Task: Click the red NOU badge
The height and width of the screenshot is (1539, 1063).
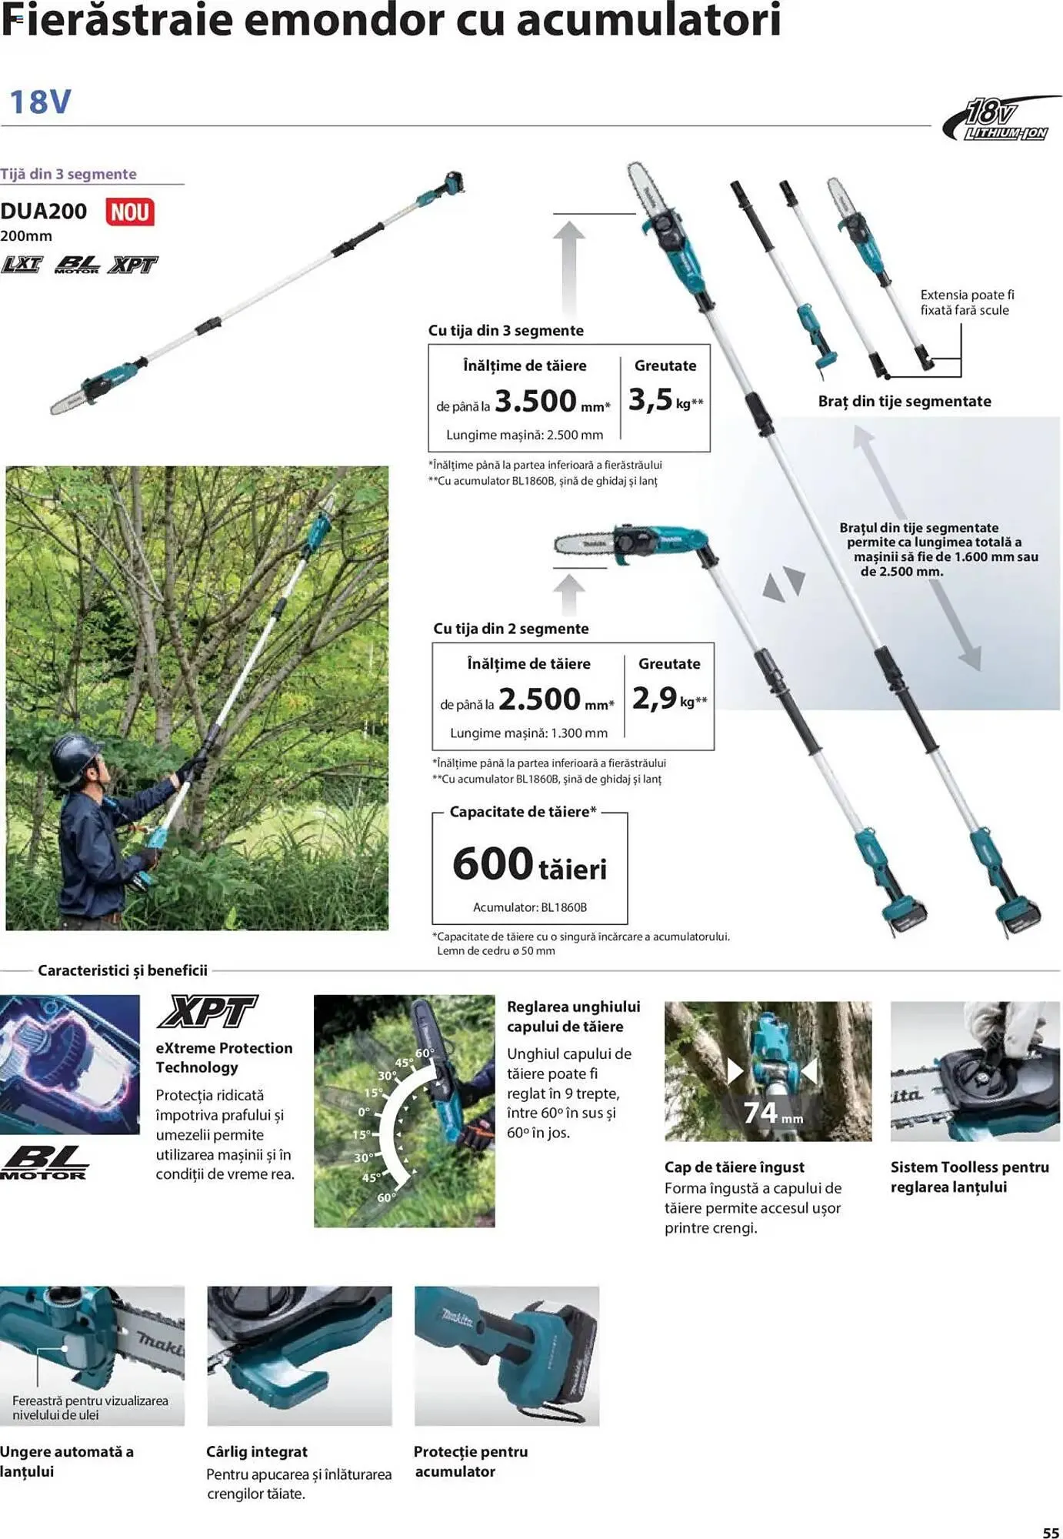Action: coord(129,212)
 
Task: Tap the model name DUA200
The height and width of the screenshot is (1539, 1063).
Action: coord(44,212)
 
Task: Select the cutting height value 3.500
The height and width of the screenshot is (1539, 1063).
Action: coord(535,401)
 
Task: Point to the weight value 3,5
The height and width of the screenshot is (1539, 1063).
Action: coord(651,399)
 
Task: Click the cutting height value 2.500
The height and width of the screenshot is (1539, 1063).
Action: coord(539,699)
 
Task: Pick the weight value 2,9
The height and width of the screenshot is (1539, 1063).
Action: coord(655,698)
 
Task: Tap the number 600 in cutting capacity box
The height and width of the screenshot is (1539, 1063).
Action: coord(492,863)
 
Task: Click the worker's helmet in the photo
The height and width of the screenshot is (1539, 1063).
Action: coord(74,750)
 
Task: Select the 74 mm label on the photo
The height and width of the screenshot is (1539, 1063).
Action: coord(771,1113)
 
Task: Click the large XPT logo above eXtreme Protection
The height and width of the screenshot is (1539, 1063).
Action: coord(207,1012)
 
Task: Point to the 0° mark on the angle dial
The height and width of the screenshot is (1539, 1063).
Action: coord(364,1112)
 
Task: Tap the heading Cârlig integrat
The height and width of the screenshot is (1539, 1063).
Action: coord(257,1451)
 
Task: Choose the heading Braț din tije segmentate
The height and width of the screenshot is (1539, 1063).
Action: coord(905,401)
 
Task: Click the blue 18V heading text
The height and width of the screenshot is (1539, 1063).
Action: coord(40,102)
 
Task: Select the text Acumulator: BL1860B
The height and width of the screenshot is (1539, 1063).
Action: coord(529,907)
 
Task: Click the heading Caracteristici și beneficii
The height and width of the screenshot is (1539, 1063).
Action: coord(123,970)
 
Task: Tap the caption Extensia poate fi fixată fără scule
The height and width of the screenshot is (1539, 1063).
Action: coord(966,302)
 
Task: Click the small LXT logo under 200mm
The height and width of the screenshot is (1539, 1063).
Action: coord(22,265)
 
